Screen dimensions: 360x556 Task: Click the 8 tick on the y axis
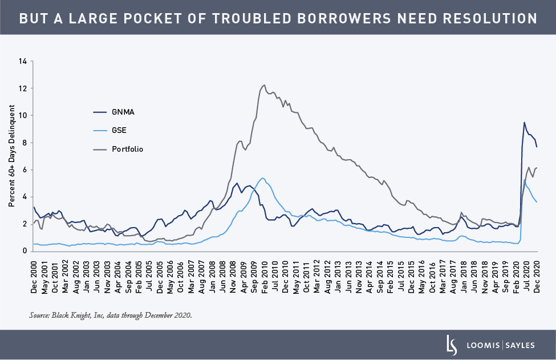pos(25,143)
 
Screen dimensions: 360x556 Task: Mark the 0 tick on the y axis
pos(25,251)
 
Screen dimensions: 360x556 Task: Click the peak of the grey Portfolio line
pos(264,85)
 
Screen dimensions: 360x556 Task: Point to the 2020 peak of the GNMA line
pos(524,123)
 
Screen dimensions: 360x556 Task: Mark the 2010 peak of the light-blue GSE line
pos(262,178)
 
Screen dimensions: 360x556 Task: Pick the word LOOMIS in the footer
pos(483,345)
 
